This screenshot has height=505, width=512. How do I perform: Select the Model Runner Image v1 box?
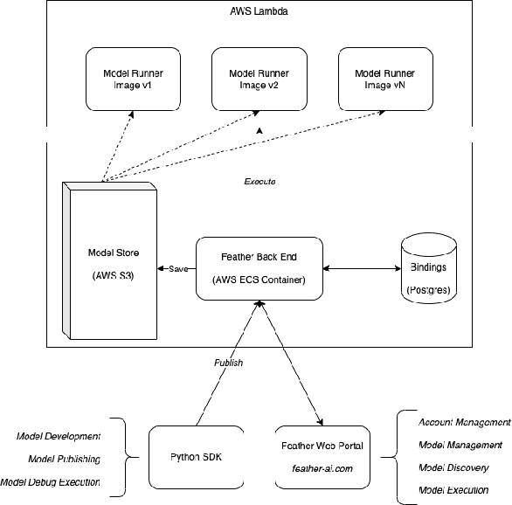click(131, 80)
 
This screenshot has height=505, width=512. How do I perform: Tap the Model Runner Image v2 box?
click(257, 80)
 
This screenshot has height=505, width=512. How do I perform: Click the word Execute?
click(259, 181)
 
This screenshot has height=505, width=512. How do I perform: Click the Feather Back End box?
click(259, 268)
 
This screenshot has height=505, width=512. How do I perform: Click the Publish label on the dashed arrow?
click(228, 362)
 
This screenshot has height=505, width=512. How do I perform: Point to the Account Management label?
click(464, 422)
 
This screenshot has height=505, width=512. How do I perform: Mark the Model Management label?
click(460, 445)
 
